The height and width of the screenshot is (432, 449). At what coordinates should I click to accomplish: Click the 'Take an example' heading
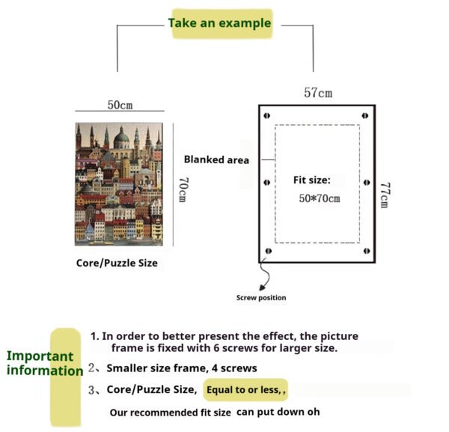point(219,23)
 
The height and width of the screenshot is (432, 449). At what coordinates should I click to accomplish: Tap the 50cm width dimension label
point(120,105)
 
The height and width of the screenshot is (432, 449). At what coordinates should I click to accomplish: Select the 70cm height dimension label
point(183,189)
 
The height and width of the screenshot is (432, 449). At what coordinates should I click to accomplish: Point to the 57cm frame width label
point(318,93)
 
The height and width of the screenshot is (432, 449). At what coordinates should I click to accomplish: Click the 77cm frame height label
point(385,195)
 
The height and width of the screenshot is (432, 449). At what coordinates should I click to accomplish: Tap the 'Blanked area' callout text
point(216,159)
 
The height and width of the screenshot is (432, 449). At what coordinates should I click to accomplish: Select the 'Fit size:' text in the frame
point(312,180)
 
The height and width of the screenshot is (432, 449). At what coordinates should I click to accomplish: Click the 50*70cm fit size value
point(320,198)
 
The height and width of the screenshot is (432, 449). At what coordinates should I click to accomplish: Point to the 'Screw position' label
point(261,298)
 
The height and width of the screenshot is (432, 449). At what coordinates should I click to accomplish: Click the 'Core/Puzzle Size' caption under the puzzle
point(117,263)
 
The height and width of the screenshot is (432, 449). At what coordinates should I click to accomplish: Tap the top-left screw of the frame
point(267,115)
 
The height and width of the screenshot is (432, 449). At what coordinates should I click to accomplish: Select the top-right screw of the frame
point(365,115)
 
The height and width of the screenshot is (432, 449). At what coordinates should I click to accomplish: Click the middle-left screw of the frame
point(267,182)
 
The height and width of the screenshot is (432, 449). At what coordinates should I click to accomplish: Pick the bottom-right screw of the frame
point(367,251)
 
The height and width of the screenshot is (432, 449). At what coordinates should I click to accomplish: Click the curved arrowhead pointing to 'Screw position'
point(263,287)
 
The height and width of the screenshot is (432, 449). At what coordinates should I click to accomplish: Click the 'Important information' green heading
point(45,363)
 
